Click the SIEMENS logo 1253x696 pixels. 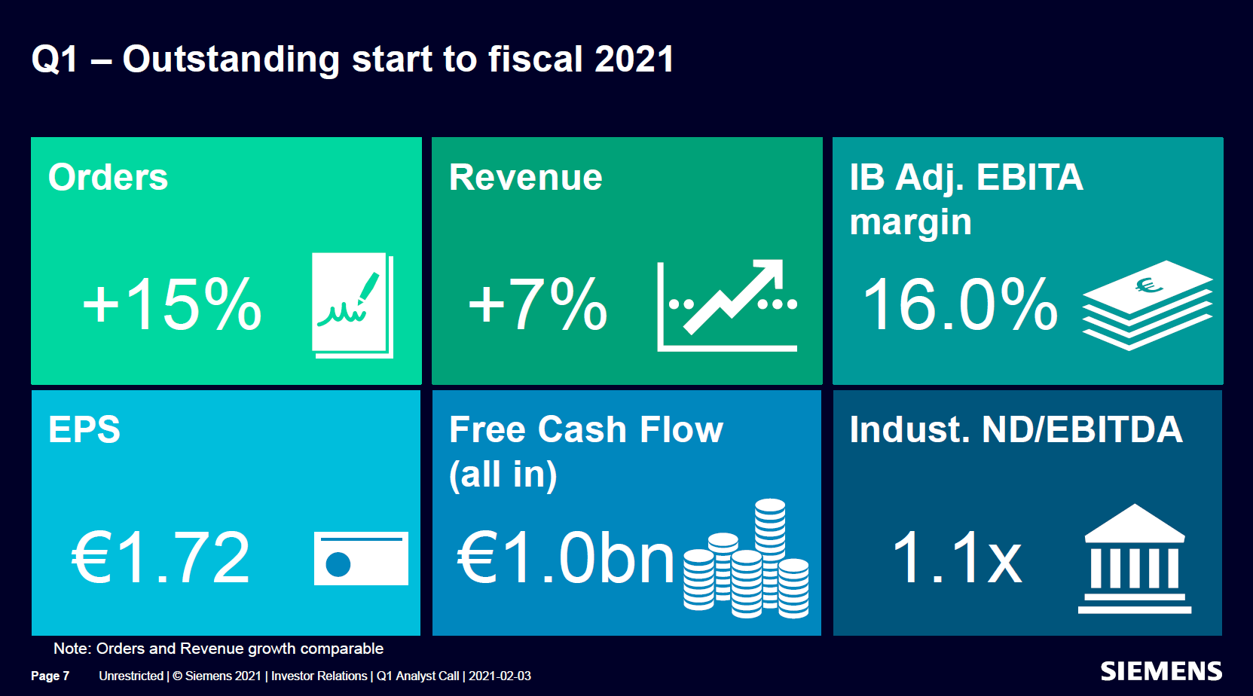(1161, 671)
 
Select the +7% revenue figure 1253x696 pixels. (537, 305)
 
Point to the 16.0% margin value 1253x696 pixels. (961, 305)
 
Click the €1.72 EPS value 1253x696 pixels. (160, 557)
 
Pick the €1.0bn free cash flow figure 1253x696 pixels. (566, 557)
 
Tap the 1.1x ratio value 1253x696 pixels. (957, 557)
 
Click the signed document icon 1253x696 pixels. (353, 305)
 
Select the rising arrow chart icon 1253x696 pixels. (727, 305)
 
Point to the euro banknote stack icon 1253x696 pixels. (1148, 305)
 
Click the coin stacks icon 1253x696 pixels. (746, 558)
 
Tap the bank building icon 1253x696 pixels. (1135, 558)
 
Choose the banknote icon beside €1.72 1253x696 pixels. (361, 558)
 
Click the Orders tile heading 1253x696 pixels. (108, 178)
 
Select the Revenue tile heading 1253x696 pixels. (526, 178)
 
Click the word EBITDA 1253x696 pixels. (1113, 429)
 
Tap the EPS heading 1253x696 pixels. (84, 429)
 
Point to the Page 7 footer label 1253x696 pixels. (50, 676)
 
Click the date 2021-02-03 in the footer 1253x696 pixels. (500, 676)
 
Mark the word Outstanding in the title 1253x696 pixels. (231, 60)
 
